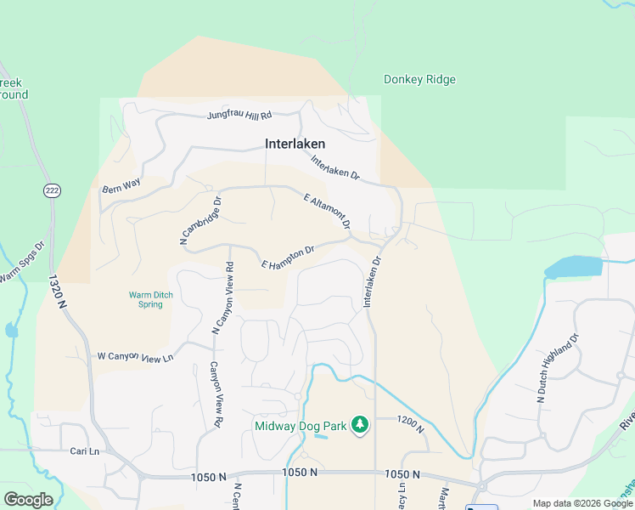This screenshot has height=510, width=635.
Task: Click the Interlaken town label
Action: pos(295,144)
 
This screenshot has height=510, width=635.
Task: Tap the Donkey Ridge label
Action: pos(419,80)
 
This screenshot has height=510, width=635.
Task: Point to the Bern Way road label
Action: pos(120,184)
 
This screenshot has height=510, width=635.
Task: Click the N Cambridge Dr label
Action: pos(200,221)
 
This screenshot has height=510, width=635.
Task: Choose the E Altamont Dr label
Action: pos(327,211)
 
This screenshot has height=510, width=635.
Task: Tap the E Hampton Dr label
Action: pos(289,258)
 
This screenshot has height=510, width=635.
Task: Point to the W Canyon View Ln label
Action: pos(136,357)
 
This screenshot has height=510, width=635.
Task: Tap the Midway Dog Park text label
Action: pos(301,425)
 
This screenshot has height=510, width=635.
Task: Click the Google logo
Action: pos(28,500)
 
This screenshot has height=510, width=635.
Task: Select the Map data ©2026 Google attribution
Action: pos(582,503)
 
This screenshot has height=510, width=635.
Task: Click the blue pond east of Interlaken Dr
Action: pos(574,268)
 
